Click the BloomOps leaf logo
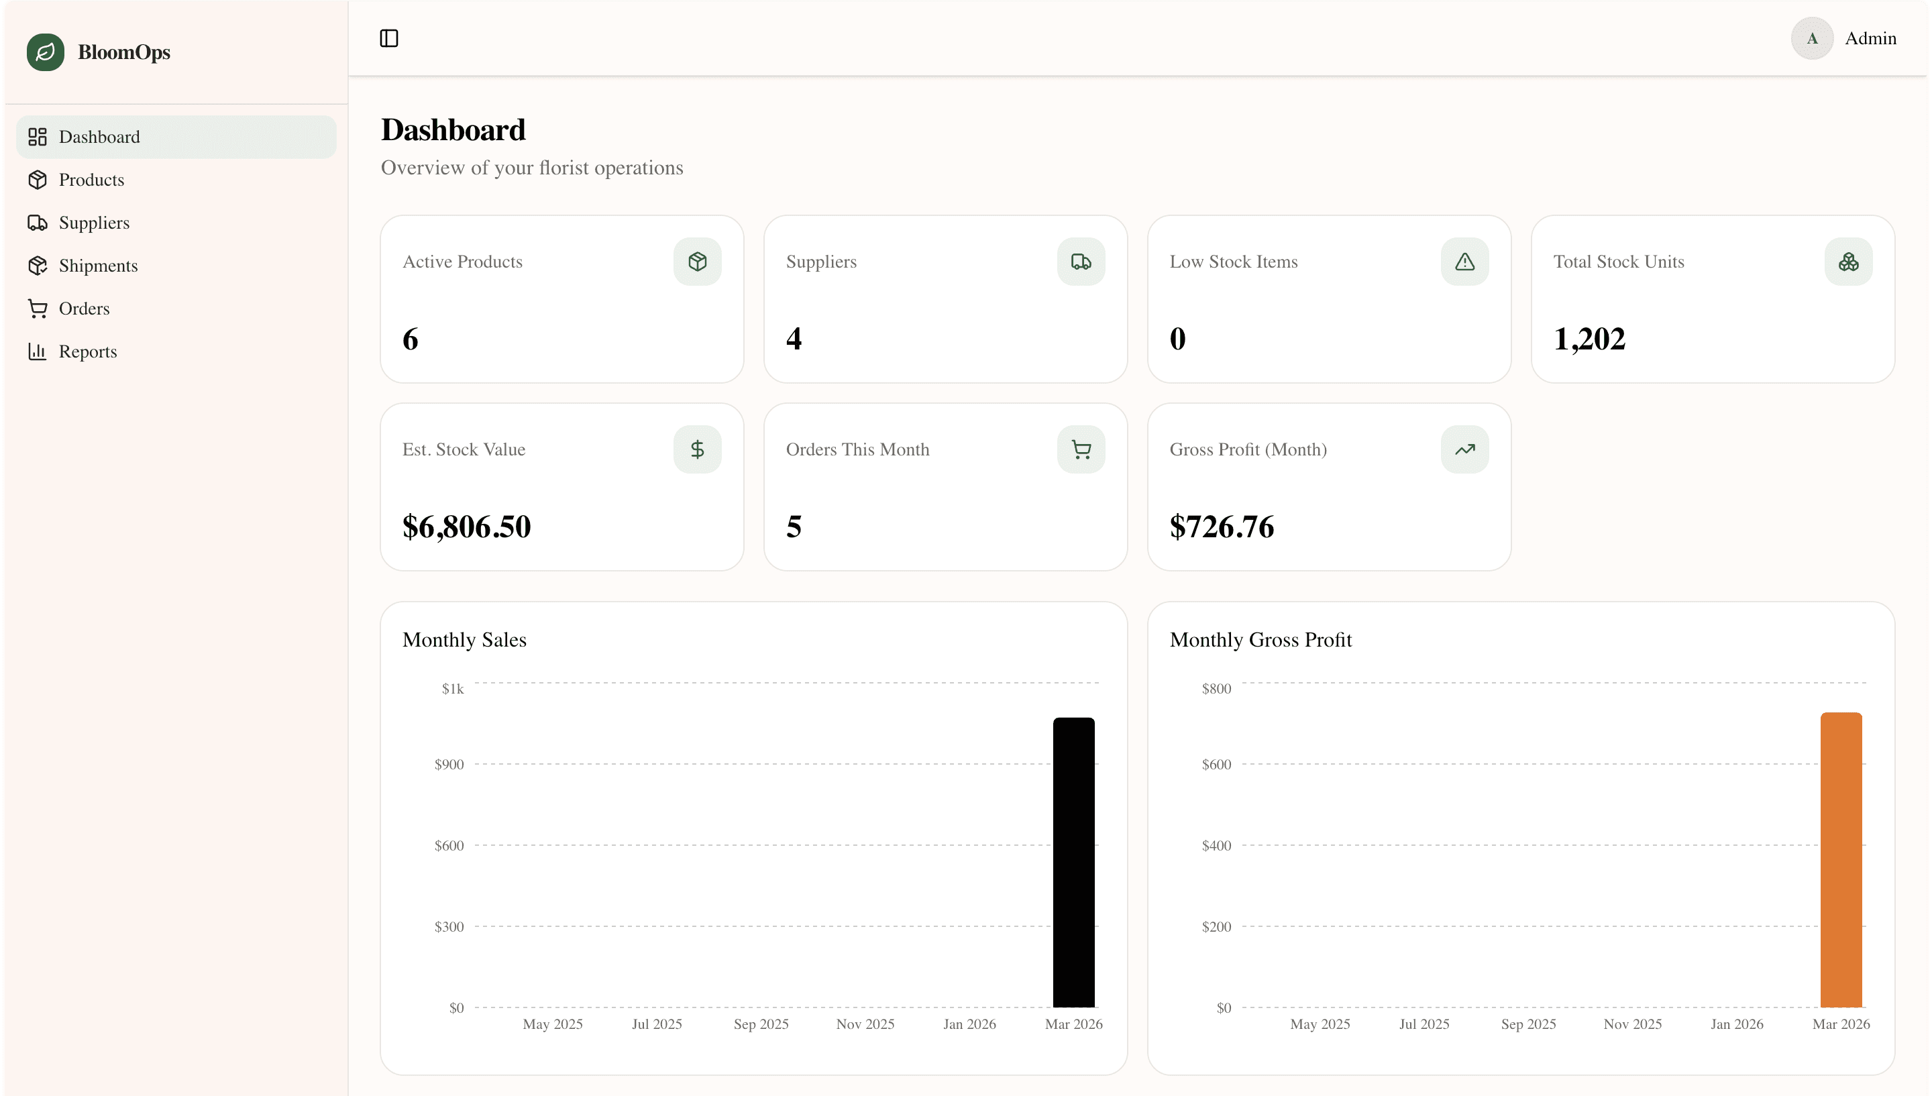(x=45, y=52)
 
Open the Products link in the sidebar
(x=91, y=180)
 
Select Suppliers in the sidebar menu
(x=93, y=223)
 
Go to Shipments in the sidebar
(x=98, y=266)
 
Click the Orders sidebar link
(x=84, y=309)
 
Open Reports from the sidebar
(x=87, y=351)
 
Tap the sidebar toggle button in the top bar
(x=389, y=38)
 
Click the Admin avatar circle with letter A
(x=1811, y=38)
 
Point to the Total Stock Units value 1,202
(x=1589, y=339)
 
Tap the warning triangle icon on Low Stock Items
(x=1464, y=262)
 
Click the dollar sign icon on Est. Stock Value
(x=697, y=449)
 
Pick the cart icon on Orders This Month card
(x=1081, y=449)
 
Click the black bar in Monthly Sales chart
(x=1073, y=862)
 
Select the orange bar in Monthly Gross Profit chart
(x=1840, y=860)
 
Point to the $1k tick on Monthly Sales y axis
(x=452, y=689)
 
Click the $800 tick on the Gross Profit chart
(x=1216, y=689)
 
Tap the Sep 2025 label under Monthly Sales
(x=761, y=1024)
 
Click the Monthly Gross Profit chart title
(x=1260, y=640)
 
